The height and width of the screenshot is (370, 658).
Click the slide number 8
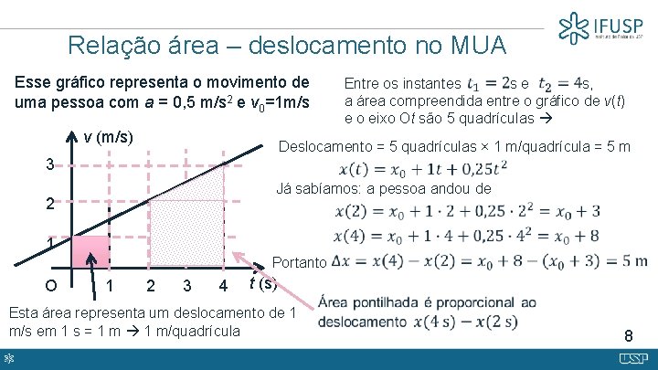tap(627, 334)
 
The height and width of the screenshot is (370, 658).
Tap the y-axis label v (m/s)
tap(109, 138)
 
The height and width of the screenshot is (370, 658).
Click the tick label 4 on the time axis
tap(223, 287)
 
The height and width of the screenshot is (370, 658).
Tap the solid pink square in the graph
tap(90, 252)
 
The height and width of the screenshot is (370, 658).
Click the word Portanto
tap(300, 262)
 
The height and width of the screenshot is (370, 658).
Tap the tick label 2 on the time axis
tap(151, 287)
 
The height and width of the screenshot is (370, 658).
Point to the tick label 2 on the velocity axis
tap(52, 205)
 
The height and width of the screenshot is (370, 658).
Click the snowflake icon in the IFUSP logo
tap(574, 27)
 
